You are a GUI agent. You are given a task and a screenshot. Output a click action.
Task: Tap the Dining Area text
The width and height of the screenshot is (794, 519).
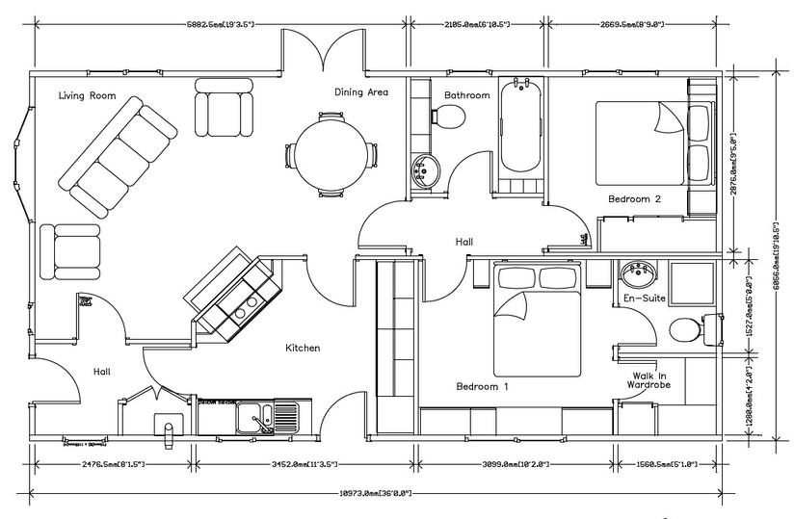[x=361, y=92]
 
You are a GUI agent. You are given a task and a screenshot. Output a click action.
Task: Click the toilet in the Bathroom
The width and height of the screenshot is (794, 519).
[x=448, y=117]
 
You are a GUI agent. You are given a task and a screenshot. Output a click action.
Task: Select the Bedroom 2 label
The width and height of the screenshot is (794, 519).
[x=633, y=199]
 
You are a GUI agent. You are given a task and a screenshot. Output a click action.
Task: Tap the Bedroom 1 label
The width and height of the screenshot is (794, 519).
[x=482, y=386]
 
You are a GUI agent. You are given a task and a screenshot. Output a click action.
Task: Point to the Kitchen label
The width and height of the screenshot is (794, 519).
[x=303, y=348]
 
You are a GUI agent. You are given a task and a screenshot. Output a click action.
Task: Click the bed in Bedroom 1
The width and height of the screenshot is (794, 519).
[x=536, y=323]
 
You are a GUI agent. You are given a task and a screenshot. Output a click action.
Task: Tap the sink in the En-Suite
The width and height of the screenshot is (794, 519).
[x=636, y=274]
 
